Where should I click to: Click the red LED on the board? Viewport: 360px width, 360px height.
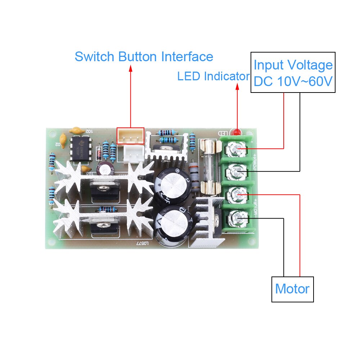(x=237, y=132)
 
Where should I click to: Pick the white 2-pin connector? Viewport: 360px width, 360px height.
(x=134, y=154)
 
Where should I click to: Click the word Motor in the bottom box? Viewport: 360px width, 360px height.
(x=292, y=289)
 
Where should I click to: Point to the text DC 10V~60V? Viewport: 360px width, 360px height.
(x=293, y=82)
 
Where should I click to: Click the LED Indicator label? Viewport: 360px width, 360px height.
(x=213, y=76)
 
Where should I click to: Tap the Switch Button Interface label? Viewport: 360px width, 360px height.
(x=144, y=57)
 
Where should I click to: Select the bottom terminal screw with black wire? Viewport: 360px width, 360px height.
(x=237, y=218)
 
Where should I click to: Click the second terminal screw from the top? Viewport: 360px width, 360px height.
(x=237, y=170)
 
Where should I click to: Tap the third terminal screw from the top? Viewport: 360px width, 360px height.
(x=237, y=195)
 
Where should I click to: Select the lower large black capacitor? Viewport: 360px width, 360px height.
(x=172, y=223)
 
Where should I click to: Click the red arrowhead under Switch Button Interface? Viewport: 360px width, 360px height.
(x=130, y=68)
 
